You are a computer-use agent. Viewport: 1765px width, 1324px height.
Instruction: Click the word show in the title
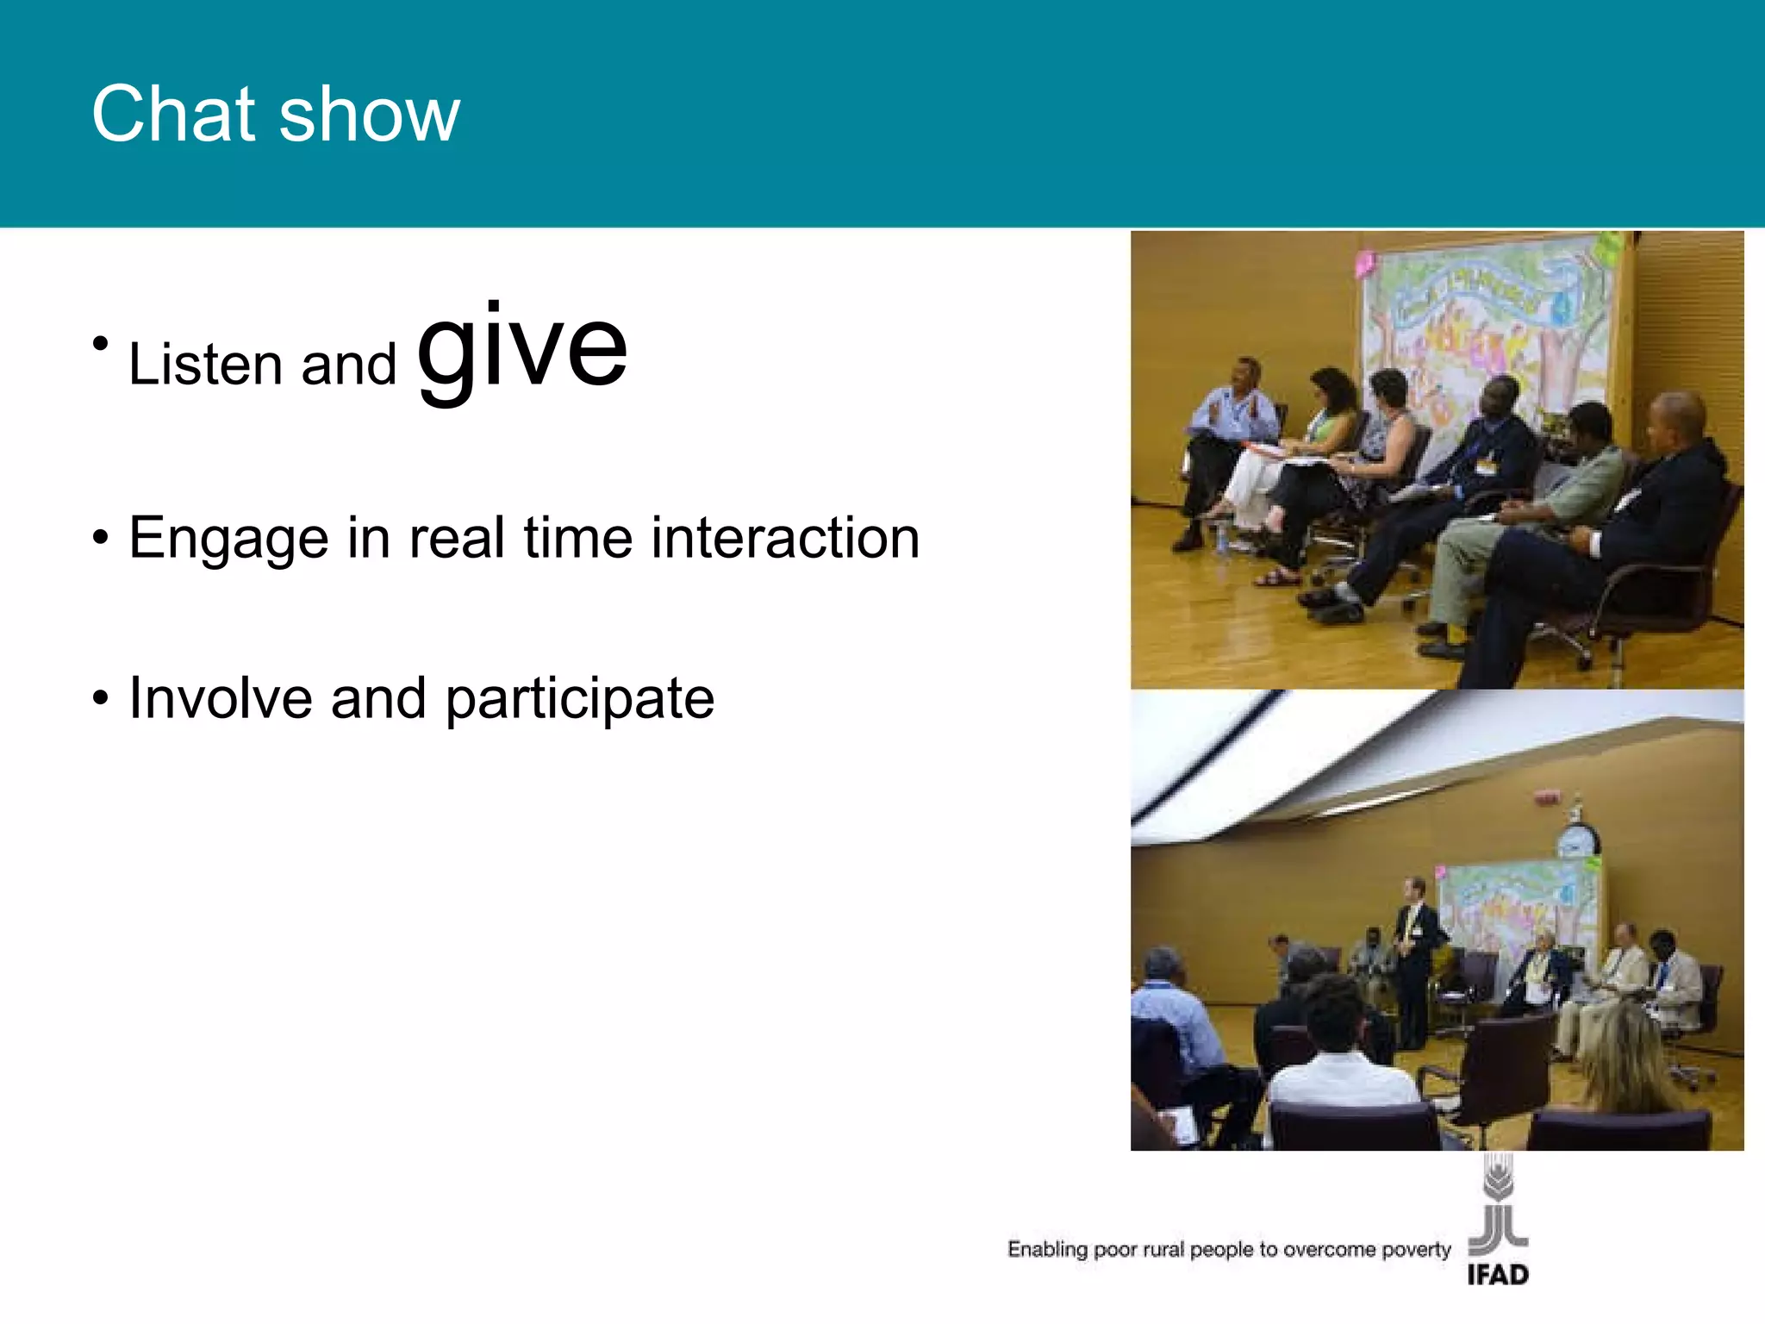coord(370,116)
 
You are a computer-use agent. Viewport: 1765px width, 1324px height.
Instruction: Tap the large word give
coord(522,349)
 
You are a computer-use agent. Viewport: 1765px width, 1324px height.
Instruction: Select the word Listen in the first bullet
coord(205,365)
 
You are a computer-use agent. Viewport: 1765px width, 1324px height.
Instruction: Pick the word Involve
coord(221,697)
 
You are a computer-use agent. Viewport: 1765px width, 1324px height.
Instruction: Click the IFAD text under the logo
coord(1498,1275)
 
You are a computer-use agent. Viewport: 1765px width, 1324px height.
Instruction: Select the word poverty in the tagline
coord(1416,1250)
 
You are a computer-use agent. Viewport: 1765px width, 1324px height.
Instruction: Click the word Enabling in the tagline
coord(1048,1250)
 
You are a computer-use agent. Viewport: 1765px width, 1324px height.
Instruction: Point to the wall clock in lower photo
coord(1577,840)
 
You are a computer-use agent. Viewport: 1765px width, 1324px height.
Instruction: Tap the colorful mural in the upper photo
coord(1482,328)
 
